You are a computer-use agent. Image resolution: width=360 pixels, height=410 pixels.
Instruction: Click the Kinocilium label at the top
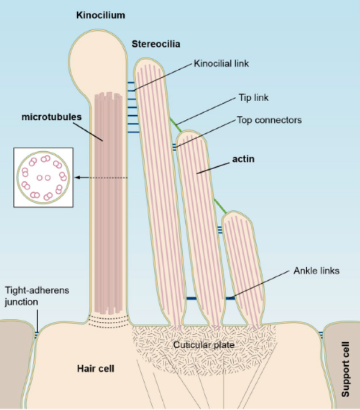[100, 16]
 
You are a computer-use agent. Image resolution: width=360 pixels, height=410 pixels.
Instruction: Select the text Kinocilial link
[222, 64]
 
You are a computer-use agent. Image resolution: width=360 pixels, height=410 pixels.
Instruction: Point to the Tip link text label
[253, 98]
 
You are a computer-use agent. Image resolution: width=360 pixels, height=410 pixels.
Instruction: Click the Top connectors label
[269, 120]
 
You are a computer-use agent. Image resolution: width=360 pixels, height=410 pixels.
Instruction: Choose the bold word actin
[244, 159]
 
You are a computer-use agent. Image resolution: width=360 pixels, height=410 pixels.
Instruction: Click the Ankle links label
[317, 271]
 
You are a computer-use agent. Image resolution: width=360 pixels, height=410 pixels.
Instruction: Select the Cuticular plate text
[203, 345]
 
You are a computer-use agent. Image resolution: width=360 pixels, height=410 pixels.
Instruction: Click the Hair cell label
[96, 368]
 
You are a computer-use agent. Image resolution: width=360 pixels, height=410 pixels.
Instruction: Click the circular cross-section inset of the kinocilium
[43, 177]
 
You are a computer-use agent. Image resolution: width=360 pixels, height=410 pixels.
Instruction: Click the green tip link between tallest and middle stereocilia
[175, 124]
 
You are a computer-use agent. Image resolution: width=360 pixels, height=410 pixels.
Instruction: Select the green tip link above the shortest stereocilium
[221, 205]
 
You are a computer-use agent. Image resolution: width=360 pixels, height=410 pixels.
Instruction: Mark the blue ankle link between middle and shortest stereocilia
[230, 298]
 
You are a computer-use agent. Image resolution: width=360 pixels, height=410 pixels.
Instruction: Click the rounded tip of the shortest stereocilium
[237, 216]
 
